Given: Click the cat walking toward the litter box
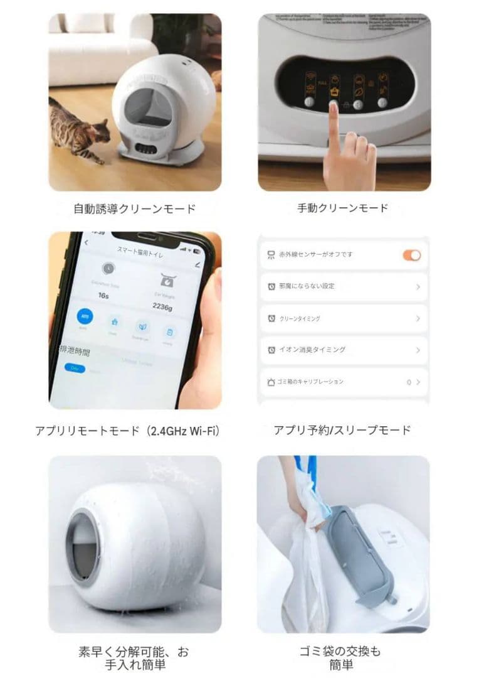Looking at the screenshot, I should [x=73, y=129].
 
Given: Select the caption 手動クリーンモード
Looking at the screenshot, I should [x=343, y=208].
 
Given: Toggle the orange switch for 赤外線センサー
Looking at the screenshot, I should [x=411, y=255].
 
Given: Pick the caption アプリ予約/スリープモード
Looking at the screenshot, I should [x=342, y=430].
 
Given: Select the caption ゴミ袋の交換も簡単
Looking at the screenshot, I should [x=342, y=657].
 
